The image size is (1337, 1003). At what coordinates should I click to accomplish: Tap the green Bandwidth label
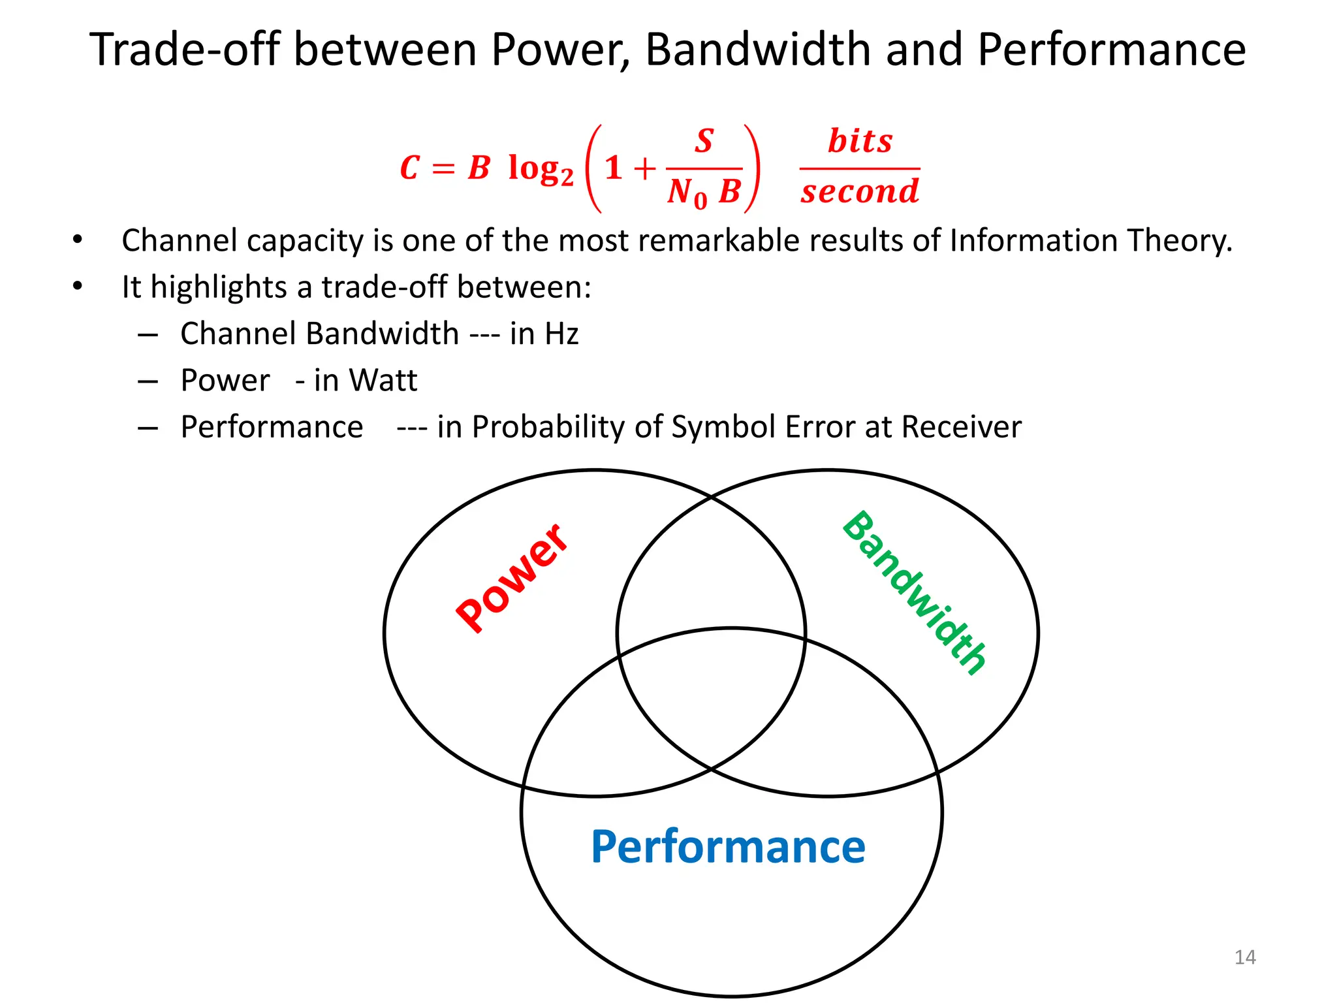point(914,592)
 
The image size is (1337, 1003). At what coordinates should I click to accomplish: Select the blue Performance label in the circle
point(728,847)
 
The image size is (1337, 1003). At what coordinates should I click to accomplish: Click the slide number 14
point(1245,957)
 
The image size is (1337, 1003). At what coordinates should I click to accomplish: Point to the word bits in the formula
point(860,142)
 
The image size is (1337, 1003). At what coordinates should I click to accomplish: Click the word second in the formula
point(860,192)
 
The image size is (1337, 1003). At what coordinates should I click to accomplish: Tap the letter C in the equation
point(409,168)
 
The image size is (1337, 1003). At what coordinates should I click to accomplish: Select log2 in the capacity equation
point(540,169)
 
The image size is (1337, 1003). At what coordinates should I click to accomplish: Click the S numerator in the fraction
point(704,142)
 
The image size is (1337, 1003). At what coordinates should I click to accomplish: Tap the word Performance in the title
point(1112,50)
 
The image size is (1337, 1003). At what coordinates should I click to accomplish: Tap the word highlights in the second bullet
point(219,287)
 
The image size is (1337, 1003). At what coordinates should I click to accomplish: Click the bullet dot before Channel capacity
point(78,239)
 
